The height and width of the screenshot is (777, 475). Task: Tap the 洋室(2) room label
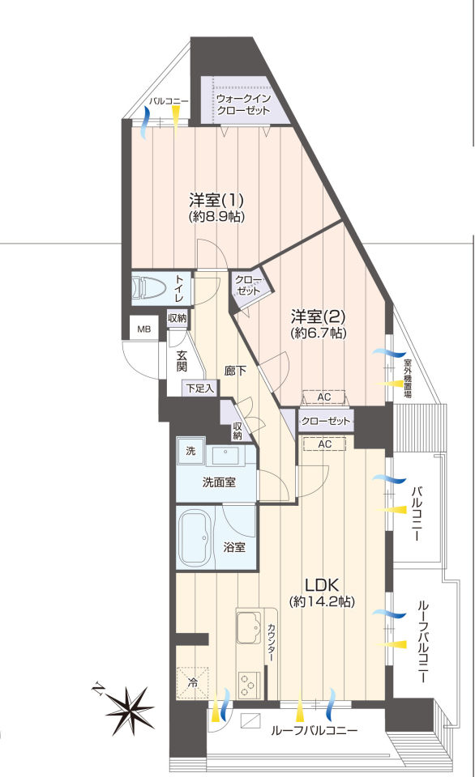coord(319,316)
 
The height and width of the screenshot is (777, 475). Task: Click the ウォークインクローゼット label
coord(243,104)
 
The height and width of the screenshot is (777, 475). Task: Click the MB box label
coord(144,329)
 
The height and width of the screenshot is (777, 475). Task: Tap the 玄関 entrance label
coord(182,361)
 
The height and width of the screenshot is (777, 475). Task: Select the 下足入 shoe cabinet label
coord(200,388)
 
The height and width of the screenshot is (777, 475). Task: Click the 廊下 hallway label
coord(235,370)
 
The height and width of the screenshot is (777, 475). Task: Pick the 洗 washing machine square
coord(190,451)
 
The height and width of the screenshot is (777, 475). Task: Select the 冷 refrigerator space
coord(192,683)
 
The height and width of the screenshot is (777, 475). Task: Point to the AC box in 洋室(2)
coord(324,397)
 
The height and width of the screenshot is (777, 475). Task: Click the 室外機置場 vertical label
coord(407,378)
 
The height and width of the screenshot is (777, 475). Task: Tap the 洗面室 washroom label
coord(219,481)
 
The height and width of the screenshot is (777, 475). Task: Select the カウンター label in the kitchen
coord(272,642)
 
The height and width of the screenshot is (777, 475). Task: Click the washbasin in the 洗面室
coord(226,455)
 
